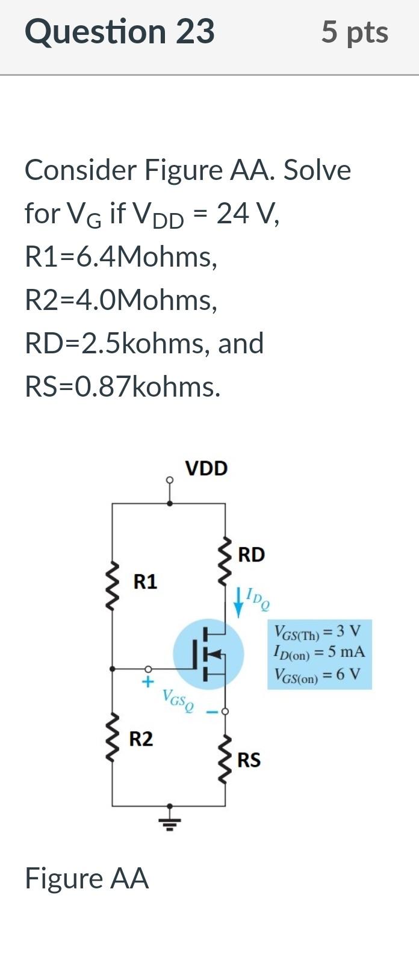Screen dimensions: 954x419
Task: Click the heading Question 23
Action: tap(119, 31)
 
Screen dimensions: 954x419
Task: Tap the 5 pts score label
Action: tap(354, 31)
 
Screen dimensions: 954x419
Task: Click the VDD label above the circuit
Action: tap(206, 468)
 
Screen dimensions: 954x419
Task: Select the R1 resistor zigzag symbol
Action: tap(112, 582)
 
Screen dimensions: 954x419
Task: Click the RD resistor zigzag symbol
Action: tap(226, 558)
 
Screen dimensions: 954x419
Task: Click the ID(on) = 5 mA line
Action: tap(319, 652)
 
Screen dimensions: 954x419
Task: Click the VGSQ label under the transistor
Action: tap(178, 700)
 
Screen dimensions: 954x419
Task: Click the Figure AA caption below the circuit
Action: tap(87, 878)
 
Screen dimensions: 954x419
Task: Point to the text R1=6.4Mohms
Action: tap(120, 257)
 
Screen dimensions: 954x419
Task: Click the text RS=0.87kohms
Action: tap(123, 387)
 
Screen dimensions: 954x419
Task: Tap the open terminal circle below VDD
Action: tap(170, 480)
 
